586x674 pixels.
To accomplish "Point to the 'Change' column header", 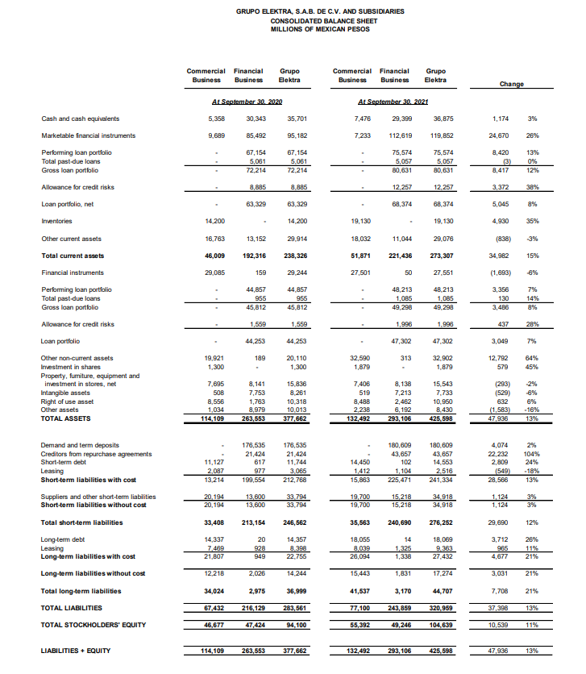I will [512, 83].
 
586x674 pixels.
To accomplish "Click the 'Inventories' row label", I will [58, 221].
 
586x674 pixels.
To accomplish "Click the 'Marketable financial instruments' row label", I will [88, 135].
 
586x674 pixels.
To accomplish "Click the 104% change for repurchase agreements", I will [530, 451].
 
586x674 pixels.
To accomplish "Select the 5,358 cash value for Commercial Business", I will [214, 119].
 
